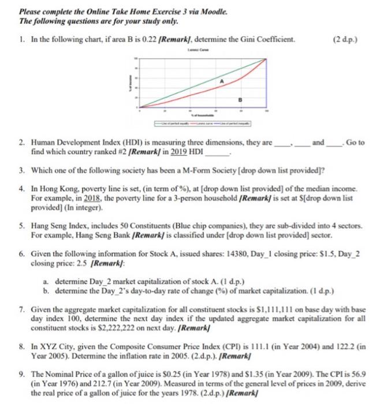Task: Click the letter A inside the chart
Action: coord(221,81)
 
